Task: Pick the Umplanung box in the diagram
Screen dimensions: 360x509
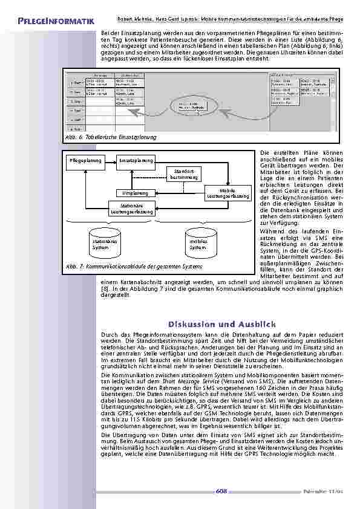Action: pyautogui.click(x=136, y=193)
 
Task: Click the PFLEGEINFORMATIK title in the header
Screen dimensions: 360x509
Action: pyautogui.click(x=48, y=22)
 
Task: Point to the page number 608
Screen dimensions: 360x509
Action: pyautogui.click(x=221, y=492)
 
